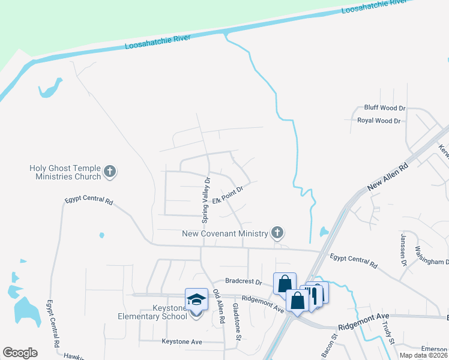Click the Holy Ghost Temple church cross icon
[109, 172]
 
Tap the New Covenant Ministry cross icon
[277, 232]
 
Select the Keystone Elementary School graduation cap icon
[196, 299]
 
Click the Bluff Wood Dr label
[385, 108]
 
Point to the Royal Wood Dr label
[379, 121]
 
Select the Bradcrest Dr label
[244, 281]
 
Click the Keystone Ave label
[182, 341]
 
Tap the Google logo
[20, 352]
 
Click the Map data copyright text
[423, 355]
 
